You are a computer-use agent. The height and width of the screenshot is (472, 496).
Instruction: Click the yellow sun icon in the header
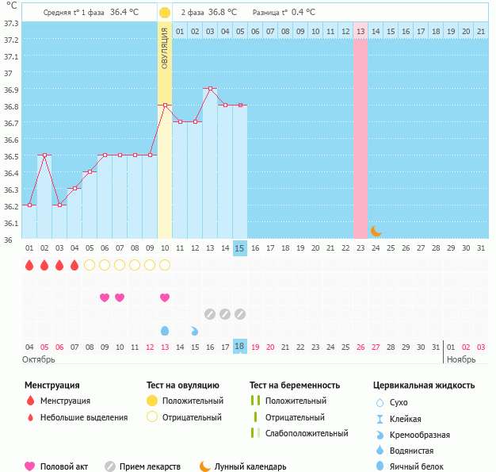pyautogui.click(x=165, y=13)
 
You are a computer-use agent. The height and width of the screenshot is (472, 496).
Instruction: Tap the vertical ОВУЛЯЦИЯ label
pyautogui.click(x=165, y=48)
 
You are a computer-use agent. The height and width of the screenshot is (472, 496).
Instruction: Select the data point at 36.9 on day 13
pyautogui.click(x=210, y=89)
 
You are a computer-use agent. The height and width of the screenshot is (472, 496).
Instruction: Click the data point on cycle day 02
pyautogui.click(x=44, y=155)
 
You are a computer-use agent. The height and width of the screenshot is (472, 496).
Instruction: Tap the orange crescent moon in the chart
pyautogui.click(x=376, y=231)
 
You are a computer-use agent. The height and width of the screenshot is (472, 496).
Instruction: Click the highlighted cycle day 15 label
pyautogui.click(x=240, y=248)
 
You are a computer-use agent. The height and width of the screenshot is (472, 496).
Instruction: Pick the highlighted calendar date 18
pyautogui.click(x=240, y=347)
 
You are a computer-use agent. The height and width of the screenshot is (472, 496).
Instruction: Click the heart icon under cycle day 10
pyautogui.click(x=165, y=297)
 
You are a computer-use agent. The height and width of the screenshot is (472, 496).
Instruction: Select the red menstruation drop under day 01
pyautogui.click(x=29, y=265)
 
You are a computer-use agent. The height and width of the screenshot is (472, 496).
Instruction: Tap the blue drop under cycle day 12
pyautogui.click(x=195, y=330)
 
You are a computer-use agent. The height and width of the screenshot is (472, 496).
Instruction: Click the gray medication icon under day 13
pyautogui.click(x=210, y=313)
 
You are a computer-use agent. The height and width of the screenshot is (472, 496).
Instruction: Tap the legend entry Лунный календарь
pyautogui.click(x=254, y=466)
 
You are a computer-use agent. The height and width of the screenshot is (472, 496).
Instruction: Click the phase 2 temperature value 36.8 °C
pyautogui.click(x=222, y=13)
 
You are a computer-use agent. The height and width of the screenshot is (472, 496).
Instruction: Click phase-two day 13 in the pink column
pyautogui.click(x=361, y=31)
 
